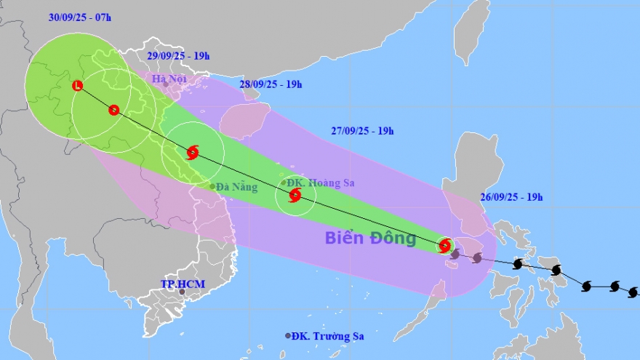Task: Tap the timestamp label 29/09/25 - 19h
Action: pos(179,55)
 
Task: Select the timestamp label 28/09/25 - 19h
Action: pos(271,84)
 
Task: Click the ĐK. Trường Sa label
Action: pos(328,336)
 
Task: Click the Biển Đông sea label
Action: pos(370,237)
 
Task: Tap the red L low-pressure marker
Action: pos(78,87)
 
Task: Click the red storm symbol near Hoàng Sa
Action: pos(295,195)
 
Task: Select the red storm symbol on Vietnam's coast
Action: pos(193,152)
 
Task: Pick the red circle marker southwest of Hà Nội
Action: pos(113,111)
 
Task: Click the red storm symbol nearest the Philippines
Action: pos(445,245)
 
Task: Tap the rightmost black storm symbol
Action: pos(633,292)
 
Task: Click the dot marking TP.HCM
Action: pos(182,292)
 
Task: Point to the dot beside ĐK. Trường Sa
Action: pos(289,335)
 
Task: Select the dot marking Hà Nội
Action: pos(166,84)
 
